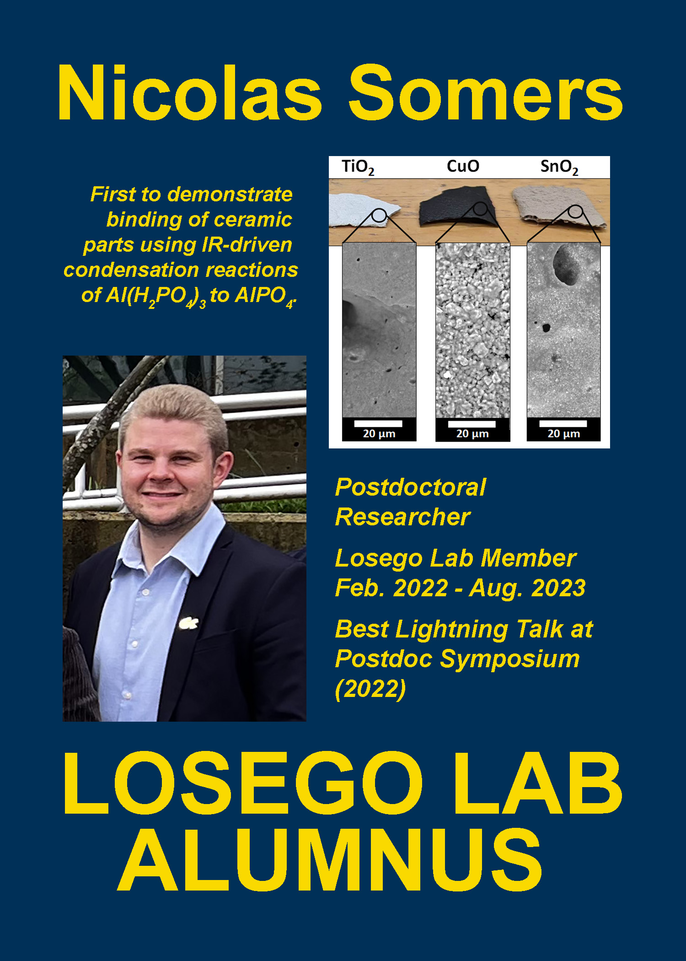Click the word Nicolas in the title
(190, 92)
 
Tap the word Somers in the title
(486, 92)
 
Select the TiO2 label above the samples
(358, 167)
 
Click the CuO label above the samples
(463, 166)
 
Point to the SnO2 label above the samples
(559, 167)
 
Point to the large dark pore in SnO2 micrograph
(566, 265)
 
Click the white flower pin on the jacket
(188, 623)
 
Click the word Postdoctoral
(410, 487)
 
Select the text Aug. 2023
(527, 588)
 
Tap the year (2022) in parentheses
(370, 689)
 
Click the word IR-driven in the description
(247, 245)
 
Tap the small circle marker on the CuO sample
(480, 209)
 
